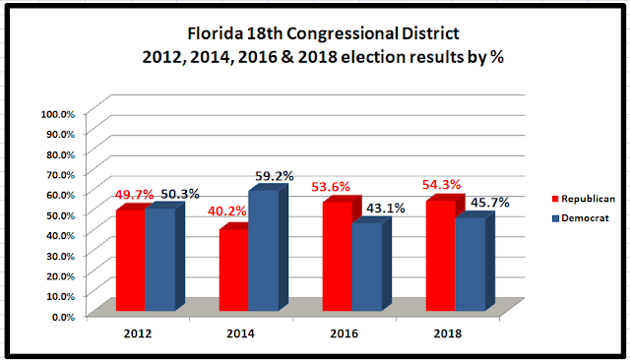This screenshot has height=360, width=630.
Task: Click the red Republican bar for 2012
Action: point(131,260)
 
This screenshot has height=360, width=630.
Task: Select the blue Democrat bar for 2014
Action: point(263,251)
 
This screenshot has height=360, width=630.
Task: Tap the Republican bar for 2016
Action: point(337,256)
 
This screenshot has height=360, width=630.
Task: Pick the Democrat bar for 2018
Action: point(471,264)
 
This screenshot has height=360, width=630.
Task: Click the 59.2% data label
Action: point(275,176)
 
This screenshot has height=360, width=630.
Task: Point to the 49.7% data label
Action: point(134,195)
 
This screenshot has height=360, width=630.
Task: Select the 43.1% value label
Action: point(386,208)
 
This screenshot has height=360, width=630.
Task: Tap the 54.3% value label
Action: point(441,185)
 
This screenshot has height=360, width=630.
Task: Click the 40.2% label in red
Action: point(227,210)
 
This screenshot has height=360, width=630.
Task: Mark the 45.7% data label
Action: point(490,203)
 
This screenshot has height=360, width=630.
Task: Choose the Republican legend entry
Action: point(584,199)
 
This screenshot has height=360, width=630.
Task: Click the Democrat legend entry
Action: point(581,218)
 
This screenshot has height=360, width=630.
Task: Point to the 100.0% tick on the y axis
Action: point(58,114)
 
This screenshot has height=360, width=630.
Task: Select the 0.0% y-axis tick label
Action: point(63,317)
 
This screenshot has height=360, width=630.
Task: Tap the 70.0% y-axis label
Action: point(61,175)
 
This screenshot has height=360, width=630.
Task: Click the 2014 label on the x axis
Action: point(240,333)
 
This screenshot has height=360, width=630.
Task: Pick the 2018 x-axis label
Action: point(448,333)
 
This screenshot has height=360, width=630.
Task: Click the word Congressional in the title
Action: point(342,33)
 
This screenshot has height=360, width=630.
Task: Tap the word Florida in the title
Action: point(215,32)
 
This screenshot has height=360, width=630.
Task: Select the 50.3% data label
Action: point(180,194)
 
